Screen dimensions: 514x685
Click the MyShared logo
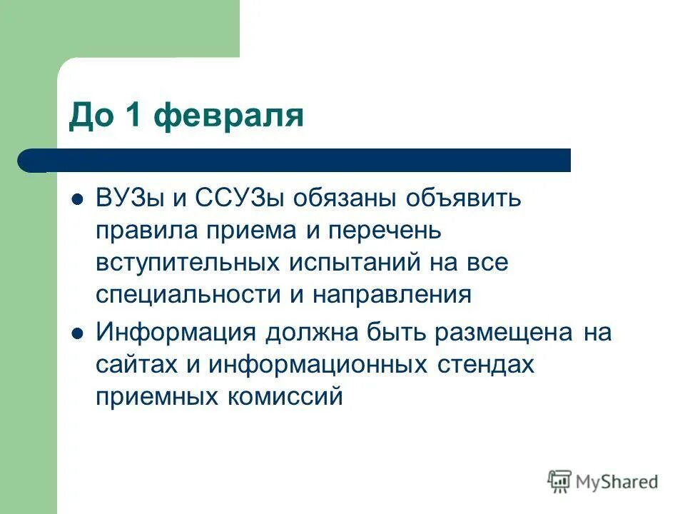coord(603,481)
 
